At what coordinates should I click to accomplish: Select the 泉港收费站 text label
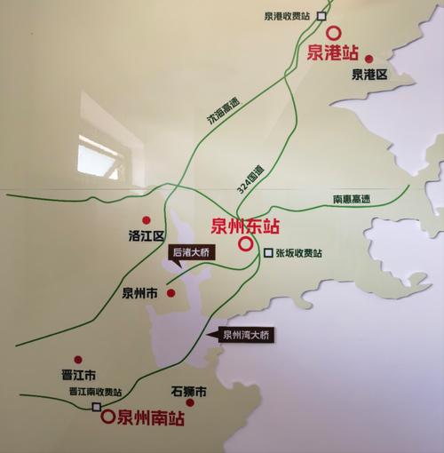click(289, 16)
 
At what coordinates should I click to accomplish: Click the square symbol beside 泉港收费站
click(322, 15)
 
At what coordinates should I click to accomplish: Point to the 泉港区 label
click(369, 75)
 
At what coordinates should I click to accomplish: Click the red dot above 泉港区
click(369, 57)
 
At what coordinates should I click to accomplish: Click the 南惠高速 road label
click(351, 199)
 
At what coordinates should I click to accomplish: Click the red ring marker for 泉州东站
click(246, 242)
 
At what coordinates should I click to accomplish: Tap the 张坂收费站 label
click(300, 254)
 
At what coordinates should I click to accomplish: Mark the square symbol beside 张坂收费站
click(268, 253)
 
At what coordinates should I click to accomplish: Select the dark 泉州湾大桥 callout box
click(242, 335)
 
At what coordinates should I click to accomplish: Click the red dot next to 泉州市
click(170, 292)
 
